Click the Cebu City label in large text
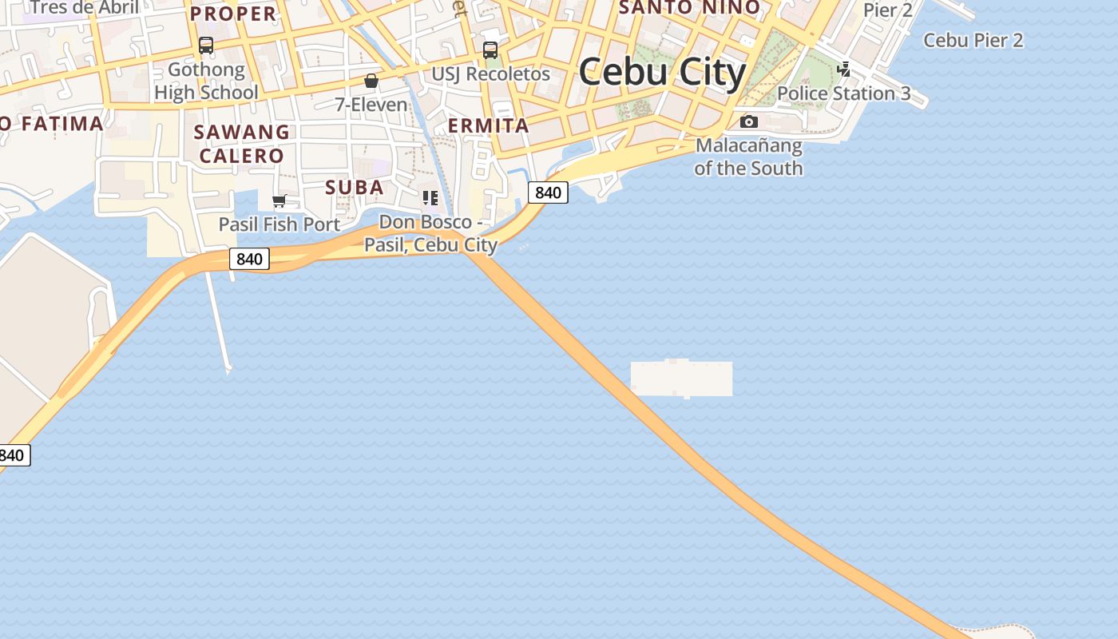click(x=662, y=72)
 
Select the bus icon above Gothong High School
click(x=206, y=46)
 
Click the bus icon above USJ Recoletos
click(x=490, y=50)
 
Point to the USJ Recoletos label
click(x=491, y=74)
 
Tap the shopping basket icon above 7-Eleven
click(x=371, y=81)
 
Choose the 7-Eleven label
click(x=371, y=105)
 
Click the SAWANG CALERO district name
click(x=242, y=144)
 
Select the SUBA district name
click(x=355, y=188)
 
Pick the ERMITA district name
click(x=489, y=125)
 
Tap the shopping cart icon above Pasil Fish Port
click(x=279, y=200)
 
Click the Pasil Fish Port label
click(x=279, y=224)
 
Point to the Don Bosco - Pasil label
click(x=431, y=233)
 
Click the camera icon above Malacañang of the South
click(x=748, y=121)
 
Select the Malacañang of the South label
click(x=748, y=157)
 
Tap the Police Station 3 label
click(x=844, y=93)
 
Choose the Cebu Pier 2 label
click(x=973, y=40)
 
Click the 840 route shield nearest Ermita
click(x=548, y=192)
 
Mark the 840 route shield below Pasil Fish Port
click(x=249, y=259)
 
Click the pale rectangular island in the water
click(x=681, y=379)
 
